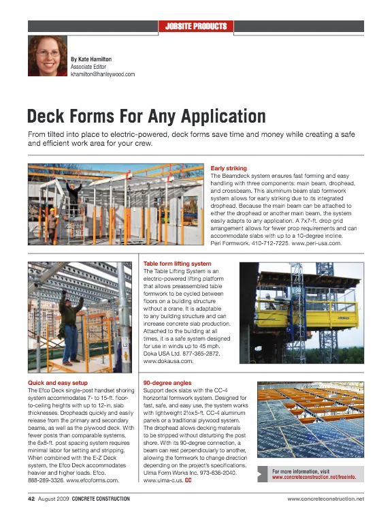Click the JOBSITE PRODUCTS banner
[x=196, y=27]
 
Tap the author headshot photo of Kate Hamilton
[x=48, y=56]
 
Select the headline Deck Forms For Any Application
[x=146, y=116]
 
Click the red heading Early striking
[x=229, y=168]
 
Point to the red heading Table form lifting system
[x=177, y=263]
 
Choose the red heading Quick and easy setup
[x=56, y=383]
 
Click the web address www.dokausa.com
[x=165, y=361]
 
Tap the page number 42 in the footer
[x=31, y=499]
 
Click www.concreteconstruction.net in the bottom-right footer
[x=326, y=500]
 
